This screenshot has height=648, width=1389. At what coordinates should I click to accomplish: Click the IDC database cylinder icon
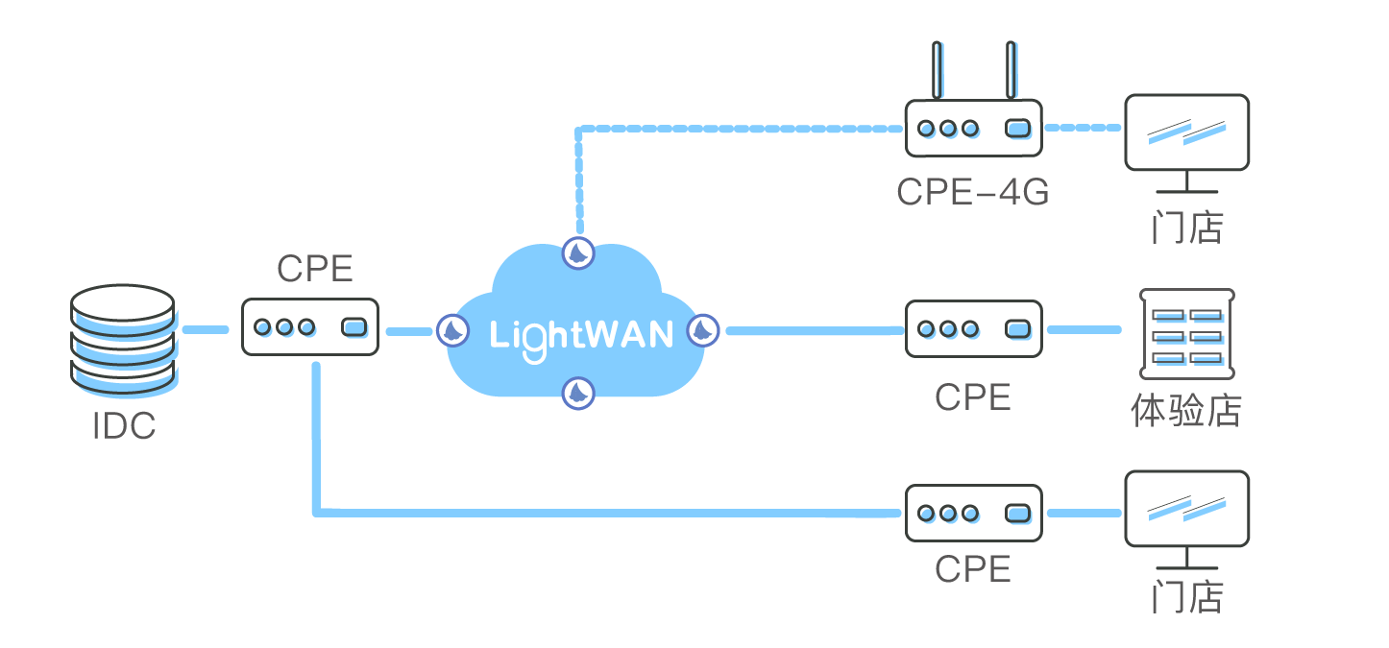[x=124, y=341]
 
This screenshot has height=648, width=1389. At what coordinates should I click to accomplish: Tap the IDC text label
[x=124, y=426]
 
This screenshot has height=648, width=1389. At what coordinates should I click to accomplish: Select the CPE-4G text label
[x=972, y=192]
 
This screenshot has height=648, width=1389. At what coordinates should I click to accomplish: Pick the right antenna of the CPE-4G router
[x=1011, y=70]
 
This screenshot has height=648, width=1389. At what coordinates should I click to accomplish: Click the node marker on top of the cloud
[x=578, y=253]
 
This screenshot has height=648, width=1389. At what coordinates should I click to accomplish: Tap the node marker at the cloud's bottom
[x=578, y=392]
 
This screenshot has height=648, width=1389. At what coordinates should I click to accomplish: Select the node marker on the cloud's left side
[x=452, y=331]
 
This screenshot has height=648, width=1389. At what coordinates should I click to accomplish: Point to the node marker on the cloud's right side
[x=703, y=331]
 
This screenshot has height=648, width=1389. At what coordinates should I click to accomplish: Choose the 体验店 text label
[x=1186, y=411]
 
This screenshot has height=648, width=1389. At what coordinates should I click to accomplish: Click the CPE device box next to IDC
[x=309, y=327]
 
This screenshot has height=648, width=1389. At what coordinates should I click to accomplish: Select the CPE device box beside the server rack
[x=973, y=329]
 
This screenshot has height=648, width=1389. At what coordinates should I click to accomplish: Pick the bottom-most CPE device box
[x=973, y=514]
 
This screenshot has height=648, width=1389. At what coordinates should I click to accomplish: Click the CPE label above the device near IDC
[x=315, y=269]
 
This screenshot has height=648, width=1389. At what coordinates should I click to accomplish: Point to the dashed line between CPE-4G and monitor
[x=1084, y=127]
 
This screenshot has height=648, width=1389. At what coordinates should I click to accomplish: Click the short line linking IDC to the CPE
[x=205, y=329]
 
